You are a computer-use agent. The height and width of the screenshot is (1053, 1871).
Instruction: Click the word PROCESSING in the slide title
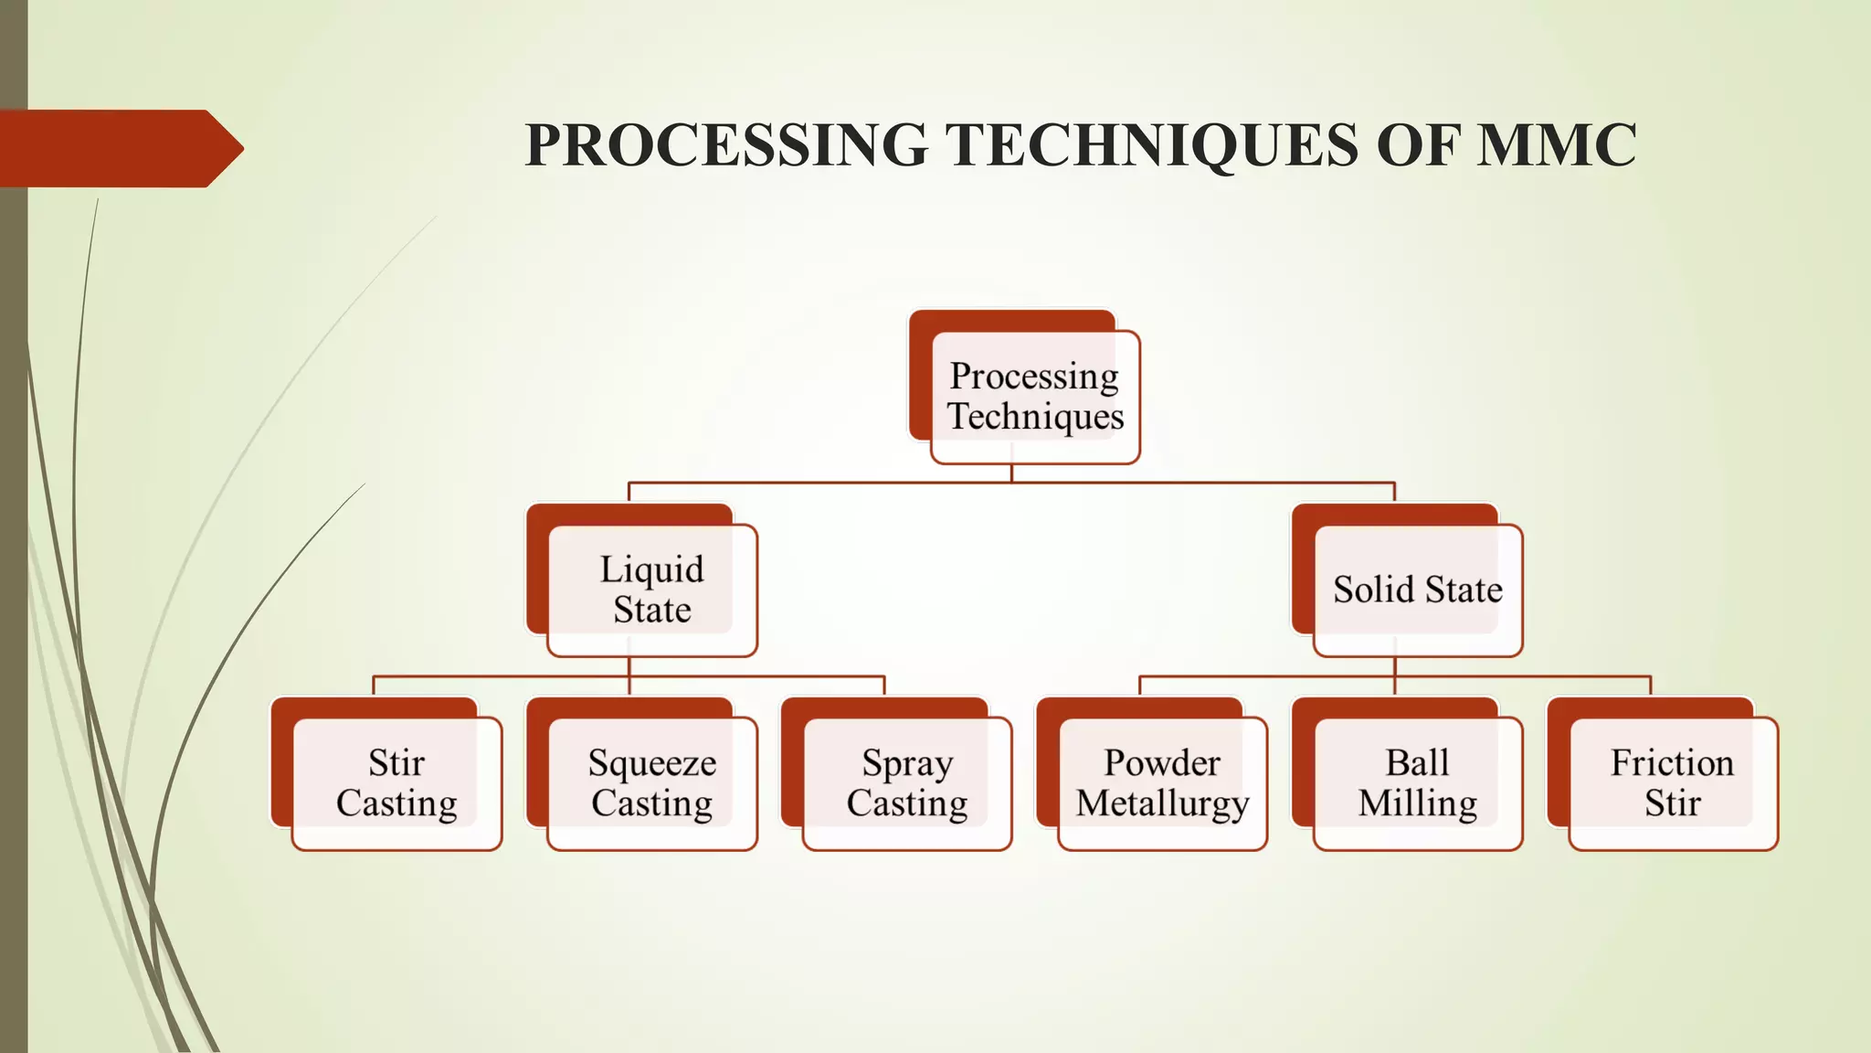point(726,145)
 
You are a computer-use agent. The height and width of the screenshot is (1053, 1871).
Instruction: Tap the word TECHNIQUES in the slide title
point(1152,145)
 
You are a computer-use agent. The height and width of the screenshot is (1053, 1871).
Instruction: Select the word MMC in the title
point(1556,145)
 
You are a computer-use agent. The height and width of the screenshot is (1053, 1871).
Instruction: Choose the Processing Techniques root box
point(1034,396)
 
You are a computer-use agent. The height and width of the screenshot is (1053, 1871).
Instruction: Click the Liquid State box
point(651,590)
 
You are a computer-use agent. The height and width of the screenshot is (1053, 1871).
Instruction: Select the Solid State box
point(1417,590)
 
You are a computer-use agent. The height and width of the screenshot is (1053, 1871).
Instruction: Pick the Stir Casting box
point(396,783)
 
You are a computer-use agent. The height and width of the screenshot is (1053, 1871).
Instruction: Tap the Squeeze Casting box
point(651,783)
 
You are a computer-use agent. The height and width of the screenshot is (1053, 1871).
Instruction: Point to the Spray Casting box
point(907,783)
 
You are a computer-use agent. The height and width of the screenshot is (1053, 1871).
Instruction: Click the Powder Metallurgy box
point(1162,783)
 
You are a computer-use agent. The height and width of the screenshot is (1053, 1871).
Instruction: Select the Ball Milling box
point(1417,783)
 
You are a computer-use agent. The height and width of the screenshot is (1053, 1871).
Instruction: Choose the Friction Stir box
point(1673,783)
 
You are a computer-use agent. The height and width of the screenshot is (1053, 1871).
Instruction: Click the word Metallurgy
point(1162,804)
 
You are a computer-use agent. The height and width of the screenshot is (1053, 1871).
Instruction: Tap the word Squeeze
point(651,763)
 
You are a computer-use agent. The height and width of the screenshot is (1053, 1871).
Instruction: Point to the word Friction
point(1672,762)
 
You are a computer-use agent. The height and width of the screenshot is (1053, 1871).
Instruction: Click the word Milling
point(1417,803)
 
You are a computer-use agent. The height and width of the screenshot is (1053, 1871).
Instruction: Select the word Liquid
point(651,569)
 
